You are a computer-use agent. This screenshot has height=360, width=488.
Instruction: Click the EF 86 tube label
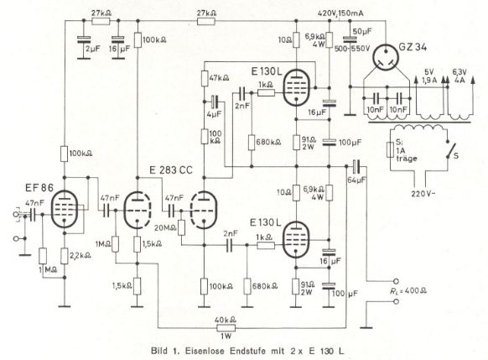pos(39,187)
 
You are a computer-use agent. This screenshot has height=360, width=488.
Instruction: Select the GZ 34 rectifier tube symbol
pos(386,58)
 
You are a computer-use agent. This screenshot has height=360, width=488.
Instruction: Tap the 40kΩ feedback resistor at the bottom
pos(226,327)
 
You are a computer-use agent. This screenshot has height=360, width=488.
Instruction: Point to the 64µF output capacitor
pos(356,166)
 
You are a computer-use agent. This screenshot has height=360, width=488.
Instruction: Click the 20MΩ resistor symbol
pos(181,227)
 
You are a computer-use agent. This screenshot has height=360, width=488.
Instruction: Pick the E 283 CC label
pos(171,170)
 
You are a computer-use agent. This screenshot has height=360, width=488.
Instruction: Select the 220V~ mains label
pos(423,194)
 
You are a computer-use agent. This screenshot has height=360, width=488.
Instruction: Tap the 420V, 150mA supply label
pos(340,13)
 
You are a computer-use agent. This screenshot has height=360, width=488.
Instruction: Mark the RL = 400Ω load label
pos(408,291)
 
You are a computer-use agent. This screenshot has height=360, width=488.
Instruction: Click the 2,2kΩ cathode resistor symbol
pos(65,256)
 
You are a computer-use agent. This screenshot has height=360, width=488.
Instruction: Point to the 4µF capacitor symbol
pos(215,102)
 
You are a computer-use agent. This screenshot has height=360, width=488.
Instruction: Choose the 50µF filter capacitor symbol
pos(350,39)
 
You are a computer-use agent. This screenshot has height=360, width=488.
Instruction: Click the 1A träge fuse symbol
pos(390,150)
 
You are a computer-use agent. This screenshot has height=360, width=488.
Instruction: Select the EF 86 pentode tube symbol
pos(65,209)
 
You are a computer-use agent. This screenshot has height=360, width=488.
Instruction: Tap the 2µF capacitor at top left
pos(84,39)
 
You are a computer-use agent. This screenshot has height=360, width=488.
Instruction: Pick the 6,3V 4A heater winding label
pos(459,76)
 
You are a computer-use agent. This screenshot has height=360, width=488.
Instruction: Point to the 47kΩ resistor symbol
pos(205,79)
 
